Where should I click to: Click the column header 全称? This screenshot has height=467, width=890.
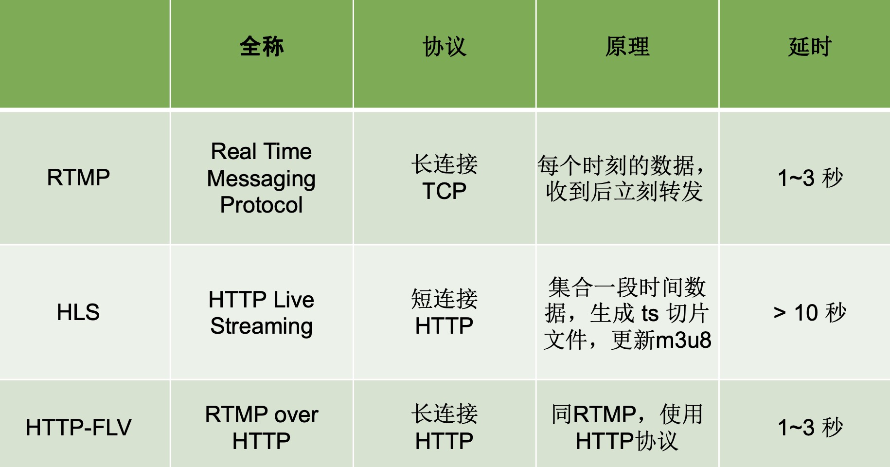point(262,47)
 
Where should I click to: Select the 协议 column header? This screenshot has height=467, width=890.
point(445,47)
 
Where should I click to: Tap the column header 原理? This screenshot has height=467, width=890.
point(627,47)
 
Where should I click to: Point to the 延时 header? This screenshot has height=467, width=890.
point(810,47)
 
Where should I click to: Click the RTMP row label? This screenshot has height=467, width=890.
point(78,178)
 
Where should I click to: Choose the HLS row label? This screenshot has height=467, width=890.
point(78,312)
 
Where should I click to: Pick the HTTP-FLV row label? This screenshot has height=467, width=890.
point(78,428)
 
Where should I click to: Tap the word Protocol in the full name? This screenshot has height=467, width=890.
point(261,205)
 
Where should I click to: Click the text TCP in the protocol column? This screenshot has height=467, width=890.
point(445,191)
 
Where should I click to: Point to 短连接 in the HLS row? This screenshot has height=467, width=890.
point(445,299)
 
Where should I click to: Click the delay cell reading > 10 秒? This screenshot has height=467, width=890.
point(810,312)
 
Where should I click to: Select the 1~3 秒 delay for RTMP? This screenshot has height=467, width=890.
point(810,178)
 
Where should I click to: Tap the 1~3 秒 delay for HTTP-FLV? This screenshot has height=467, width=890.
point(810,428)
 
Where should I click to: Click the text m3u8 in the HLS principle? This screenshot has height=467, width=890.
point(683,340)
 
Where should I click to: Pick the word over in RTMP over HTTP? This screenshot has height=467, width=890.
point(296,415)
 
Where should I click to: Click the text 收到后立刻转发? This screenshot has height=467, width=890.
point(624,192)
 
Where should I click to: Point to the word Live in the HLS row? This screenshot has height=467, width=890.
point(294,300)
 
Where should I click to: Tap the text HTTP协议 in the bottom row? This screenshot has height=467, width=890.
point(627,441)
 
